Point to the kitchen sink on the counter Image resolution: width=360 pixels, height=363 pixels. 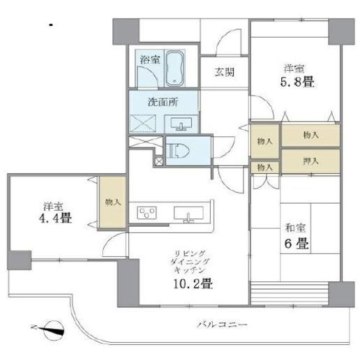pos(188,213)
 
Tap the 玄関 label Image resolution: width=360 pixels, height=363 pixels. pos(223,72)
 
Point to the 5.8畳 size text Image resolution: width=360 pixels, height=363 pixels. pos(296,82)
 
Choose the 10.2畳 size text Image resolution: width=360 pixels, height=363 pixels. pos(190,283)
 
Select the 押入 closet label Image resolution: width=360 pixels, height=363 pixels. pos(312,160)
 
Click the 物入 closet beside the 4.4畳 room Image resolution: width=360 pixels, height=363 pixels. pos(113,202)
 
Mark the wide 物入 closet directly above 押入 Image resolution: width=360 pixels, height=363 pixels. pos(311,135)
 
